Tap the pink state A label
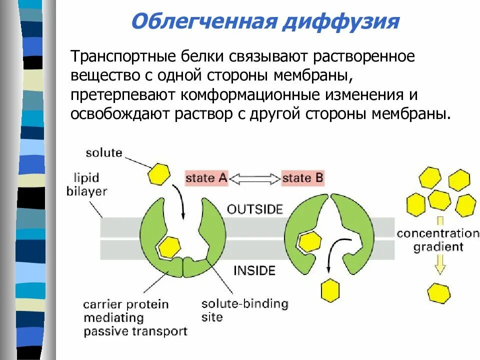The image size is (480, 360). (x=206, y=178)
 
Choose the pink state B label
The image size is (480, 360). (x=303, y=178)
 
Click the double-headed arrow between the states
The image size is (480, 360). (x=255, y=178)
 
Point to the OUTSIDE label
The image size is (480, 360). (x=255, y=209)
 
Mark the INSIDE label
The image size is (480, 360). (x=254, y=271)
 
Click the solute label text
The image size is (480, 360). (x=104, y=152)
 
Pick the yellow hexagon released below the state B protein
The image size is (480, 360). (x=329, y=290)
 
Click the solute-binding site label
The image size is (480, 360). (x=244, y=310)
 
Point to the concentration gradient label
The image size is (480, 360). (x=437, y=239)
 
